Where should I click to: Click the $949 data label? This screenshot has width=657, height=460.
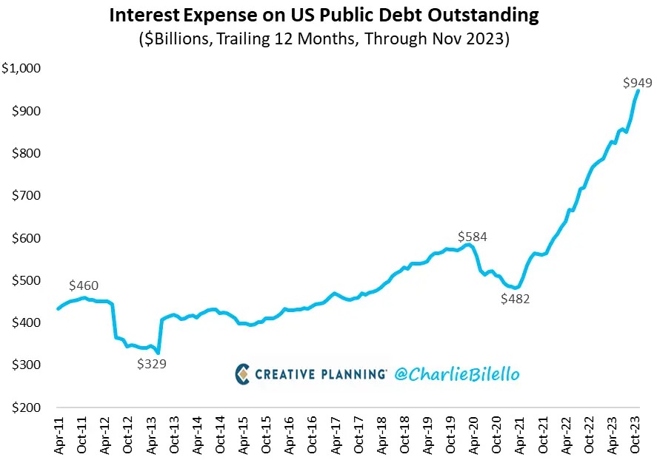tap(638, 82)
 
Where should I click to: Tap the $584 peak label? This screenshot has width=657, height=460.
tap(473, 237)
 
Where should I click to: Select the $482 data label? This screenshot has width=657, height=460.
tap(516, 299)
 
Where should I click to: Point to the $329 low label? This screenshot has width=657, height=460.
tap(152, 364)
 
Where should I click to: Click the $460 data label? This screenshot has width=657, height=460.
tap(84, 285)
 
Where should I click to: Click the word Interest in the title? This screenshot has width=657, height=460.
tap(144, 15)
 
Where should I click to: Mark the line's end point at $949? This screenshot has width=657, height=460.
tap(638, 92)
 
